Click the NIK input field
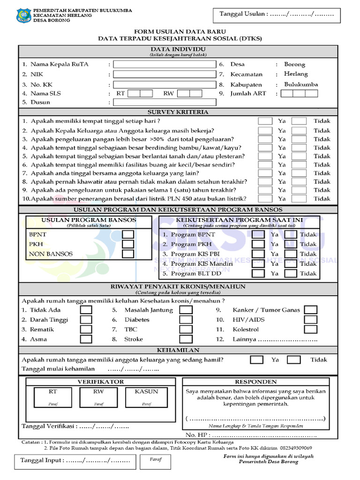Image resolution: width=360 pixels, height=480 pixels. pyautogui.click(x=165, y=74)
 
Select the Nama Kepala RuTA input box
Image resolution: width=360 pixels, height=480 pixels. pyautogui.click(x=165, y=64)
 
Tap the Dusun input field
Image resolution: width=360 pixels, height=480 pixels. pyautogui.click(x=165, y=102)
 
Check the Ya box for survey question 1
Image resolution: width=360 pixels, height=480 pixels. pyautogui.click(x=265, y=121)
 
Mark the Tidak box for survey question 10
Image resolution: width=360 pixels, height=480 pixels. pyautogui.click(x=299, y=198)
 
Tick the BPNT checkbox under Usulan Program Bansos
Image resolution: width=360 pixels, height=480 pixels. pyautogui.click(x=127, y=234)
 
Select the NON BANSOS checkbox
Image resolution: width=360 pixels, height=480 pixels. pyautogui.click(x=127, y=254)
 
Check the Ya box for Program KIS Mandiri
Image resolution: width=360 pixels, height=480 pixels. pyautogui.click(x=258, y=264)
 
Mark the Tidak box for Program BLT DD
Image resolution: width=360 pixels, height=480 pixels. pyautogui.click(x=291, y=274)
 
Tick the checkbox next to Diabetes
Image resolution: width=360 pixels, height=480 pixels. pyautogui.click(x=186, y=320)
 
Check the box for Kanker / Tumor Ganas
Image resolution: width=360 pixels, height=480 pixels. pyautogui.click(x=310, y=310)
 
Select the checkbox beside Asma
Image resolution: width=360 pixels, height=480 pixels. pyautogui.click(x=86, y=339)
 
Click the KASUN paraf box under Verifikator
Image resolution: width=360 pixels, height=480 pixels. pyautogui.click(x=146, y=397)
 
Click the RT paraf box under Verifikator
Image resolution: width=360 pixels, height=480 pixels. pyautogui.click(x=52, y=397)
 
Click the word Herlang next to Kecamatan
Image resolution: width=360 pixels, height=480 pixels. pyautogui.click(x=296, y=74)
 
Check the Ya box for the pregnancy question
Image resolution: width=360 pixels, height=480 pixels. pyautogui.click(x=256, y=360)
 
